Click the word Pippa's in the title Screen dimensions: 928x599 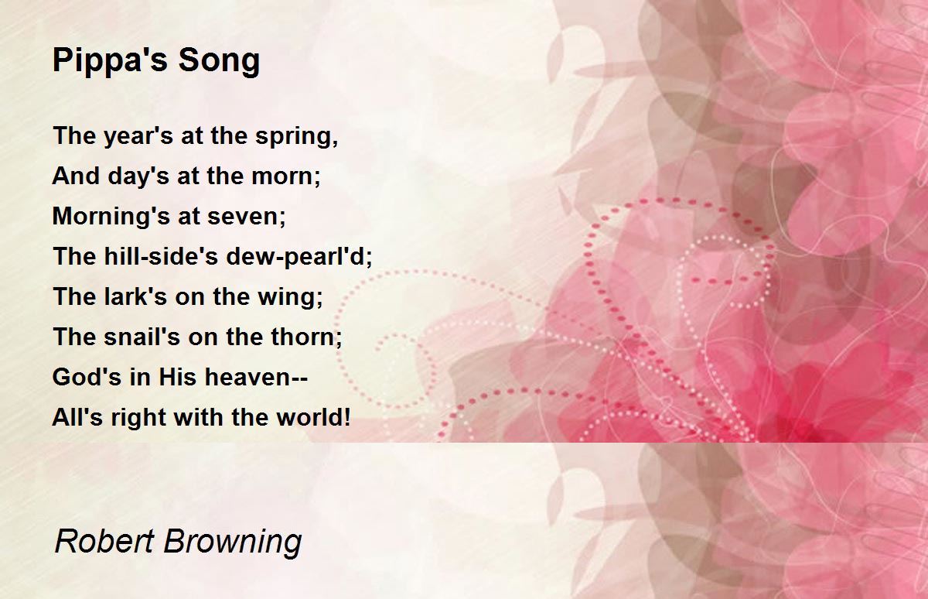pyautogui.click(x=110, y=61)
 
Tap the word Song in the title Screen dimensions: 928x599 pyautogui.click(x=219, y=61)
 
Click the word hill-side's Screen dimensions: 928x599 pyautogui.click(x=160, y=255)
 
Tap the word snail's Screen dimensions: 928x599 pyautogui.click(x=142, y=336)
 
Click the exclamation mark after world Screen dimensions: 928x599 pyautogui.click(x=346, y=417)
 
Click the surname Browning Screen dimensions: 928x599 pyautogui.click(x=233, y=543)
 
